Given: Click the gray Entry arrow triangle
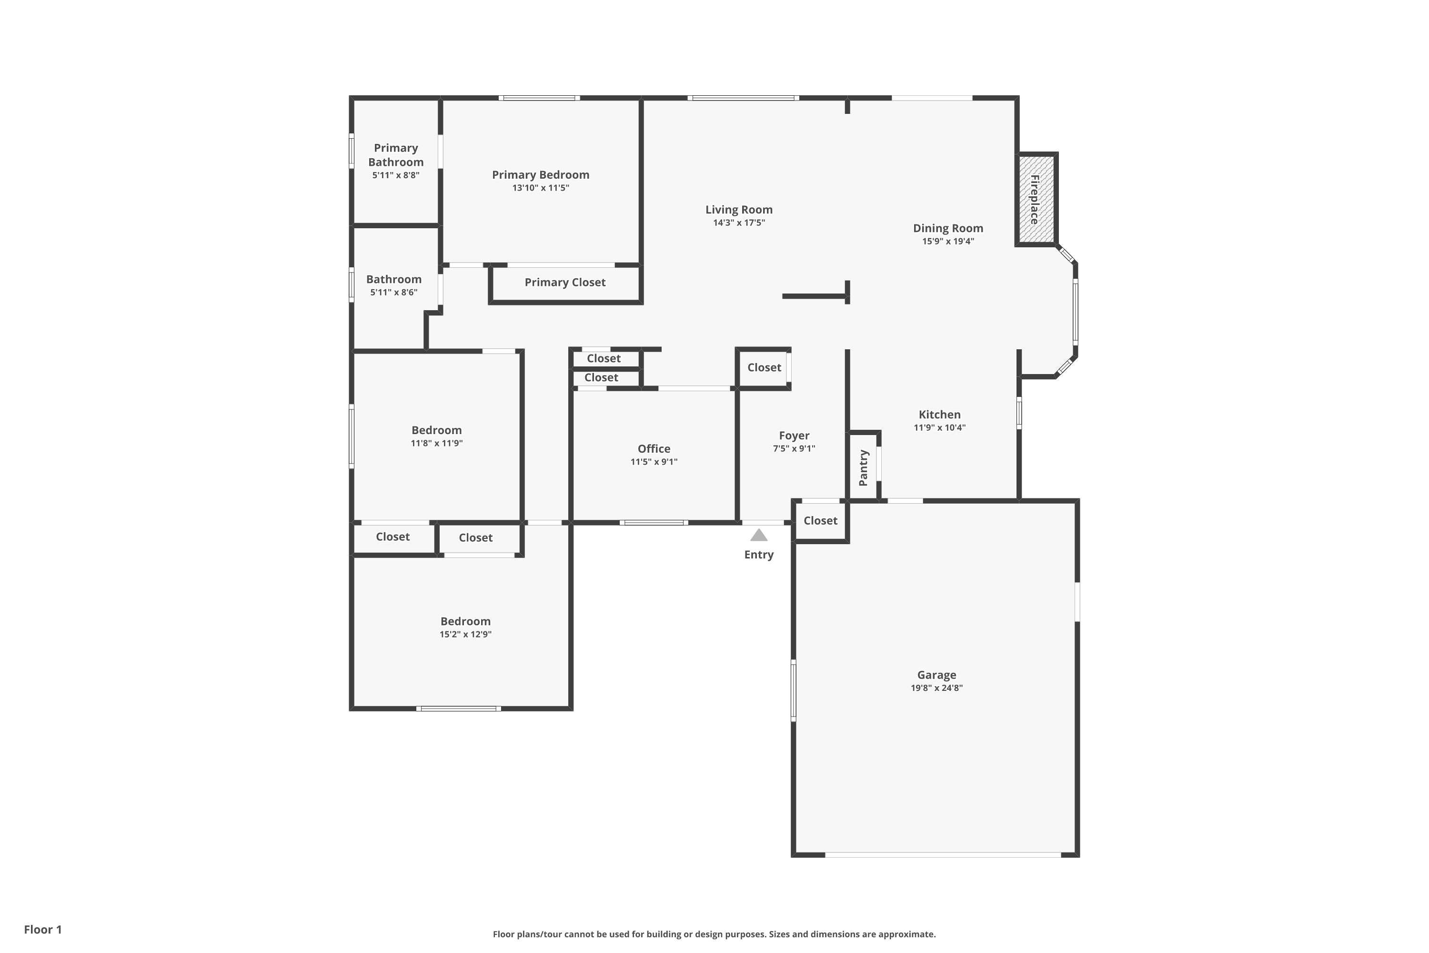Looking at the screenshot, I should [759, 536].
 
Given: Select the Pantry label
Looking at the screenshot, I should [863, 468].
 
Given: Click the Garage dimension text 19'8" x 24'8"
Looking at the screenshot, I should [936, 688].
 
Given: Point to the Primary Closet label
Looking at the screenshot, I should [564, 283].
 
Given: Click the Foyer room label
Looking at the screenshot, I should [794, 436].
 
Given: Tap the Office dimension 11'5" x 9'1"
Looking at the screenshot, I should [654, 462].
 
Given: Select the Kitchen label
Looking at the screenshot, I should [939, 415].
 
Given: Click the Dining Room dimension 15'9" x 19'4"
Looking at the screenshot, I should [948, 241].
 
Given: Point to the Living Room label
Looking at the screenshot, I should [739, 210].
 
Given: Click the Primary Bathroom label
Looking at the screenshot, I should [395, 155].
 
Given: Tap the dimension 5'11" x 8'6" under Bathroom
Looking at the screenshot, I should [394, 293].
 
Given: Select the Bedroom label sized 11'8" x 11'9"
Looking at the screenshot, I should [436, 430].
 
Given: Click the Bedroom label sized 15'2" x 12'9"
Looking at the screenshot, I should [465, 621].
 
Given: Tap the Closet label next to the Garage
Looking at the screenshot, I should [820, 521].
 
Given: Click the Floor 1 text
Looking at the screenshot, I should [42, 929].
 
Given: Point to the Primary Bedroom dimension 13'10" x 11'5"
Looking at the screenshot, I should [540, 188].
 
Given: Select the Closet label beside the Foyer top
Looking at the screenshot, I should [764, 368].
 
